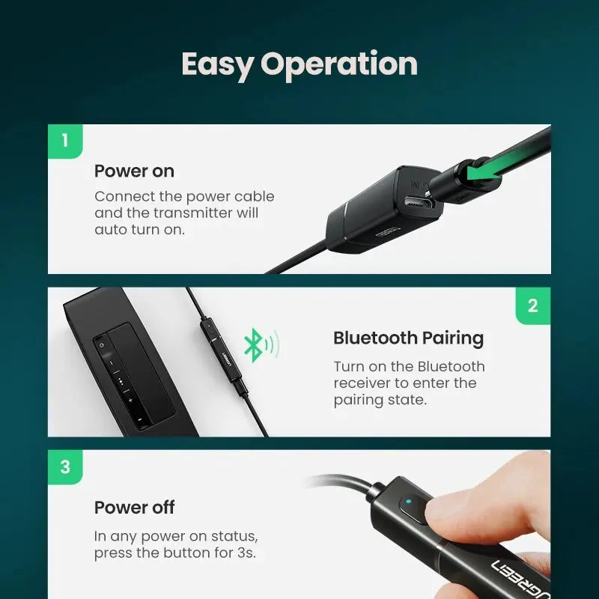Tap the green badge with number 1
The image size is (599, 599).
tap(65, 141)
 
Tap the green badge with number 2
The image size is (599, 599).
tap(532, 305)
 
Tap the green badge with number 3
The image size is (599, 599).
tap(65, 467)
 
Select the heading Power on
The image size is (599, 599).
tap(134, 171)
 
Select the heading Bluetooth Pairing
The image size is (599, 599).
tap(408, 338)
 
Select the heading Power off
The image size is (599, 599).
tap(134, 507)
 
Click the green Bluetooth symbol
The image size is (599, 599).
tap(255, 345)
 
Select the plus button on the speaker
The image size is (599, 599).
tap(130, 401)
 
